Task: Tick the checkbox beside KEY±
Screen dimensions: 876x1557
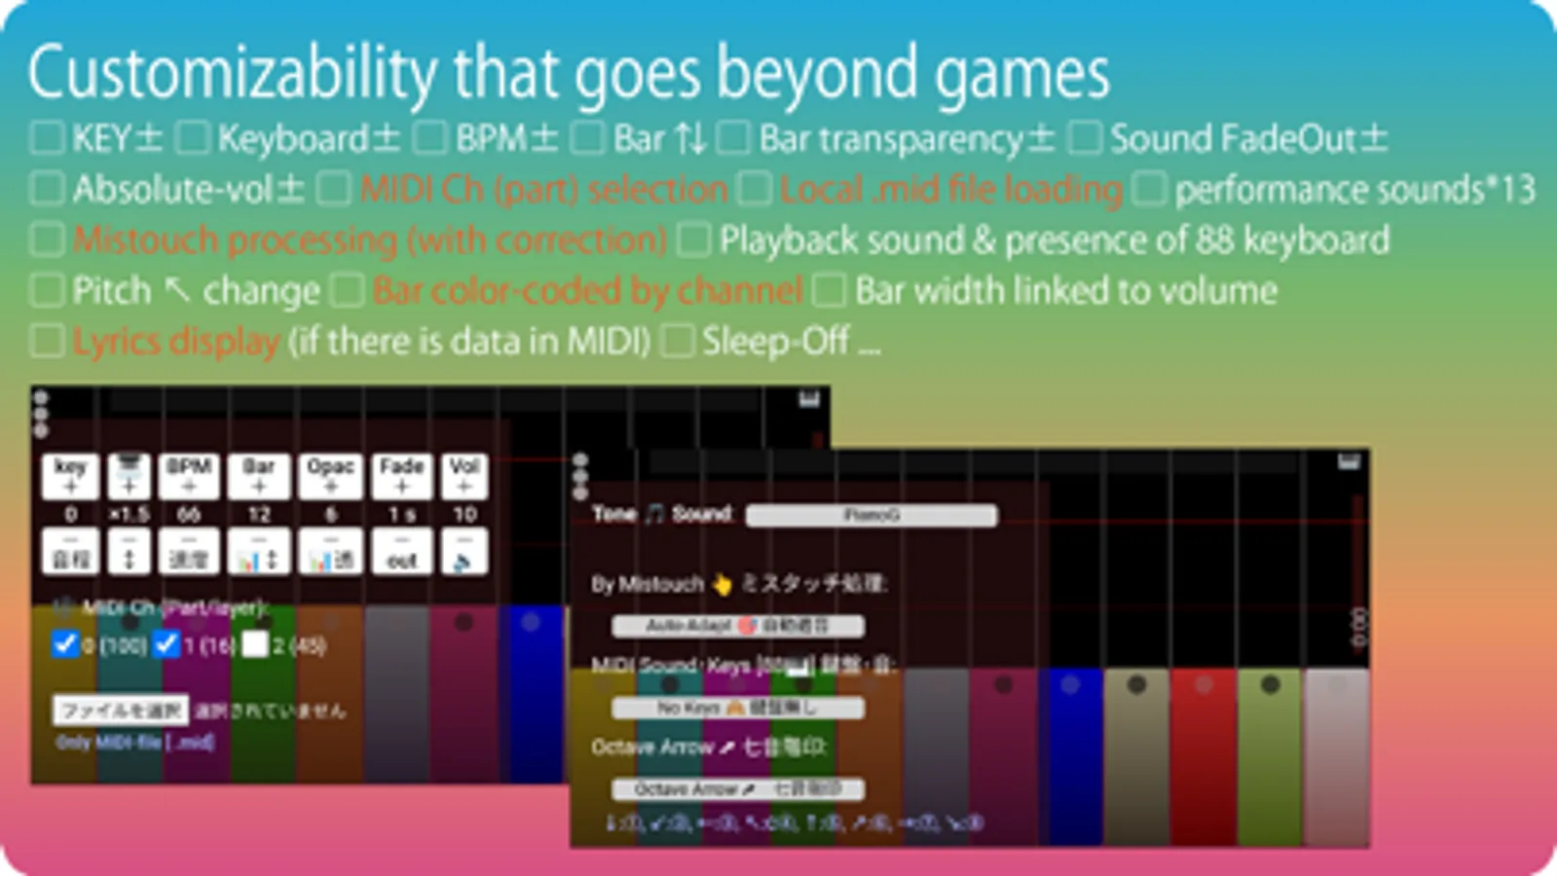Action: point(47,138)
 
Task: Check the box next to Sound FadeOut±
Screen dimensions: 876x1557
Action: point(1084,138)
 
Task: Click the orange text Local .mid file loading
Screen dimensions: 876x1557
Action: point(950,189)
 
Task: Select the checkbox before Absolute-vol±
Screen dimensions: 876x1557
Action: point(47,189)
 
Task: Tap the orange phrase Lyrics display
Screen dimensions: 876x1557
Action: point(175,341)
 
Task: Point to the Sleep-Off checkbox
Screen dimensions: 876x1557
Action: point(678,341)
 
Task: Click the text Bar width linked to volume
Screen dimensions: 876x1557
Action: point(1065,290)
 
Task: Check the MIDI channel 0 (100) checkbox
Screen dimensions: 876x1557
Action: point(65,644)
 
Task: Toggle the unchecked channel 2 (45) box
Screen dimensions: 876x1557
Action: point(255,644)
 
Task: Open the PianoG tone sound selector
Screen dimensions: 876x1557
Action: point(871,515)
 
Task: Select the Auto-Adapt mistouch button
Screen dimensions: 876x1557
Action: point(737,626)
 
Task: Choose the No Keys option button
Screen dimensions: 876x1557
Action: point(737,708)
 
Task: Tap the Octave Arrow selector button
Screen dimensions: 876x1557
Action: point(737,788)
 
